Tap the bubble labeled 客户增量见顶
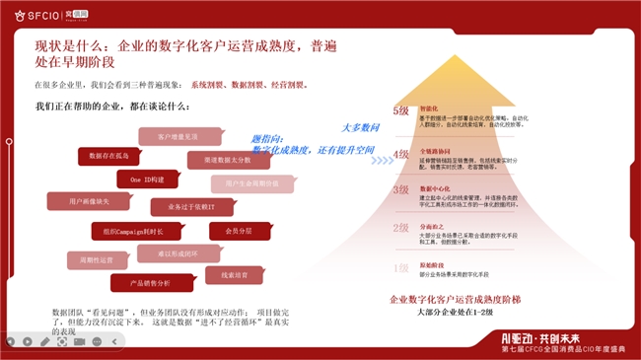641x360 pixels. pyautogui.click(x=177, y=136)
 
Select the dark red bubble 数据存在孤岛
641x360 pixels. pyautogui.click(x=110, y=156)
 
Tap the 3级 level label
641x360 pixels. pyautogui.click(x=400, y=189)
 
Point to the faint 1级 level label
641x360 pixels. pyautogui.click(x=400, y=267)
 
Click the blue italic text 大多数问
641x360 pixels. pyautogui.click(x=361, y=127)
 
